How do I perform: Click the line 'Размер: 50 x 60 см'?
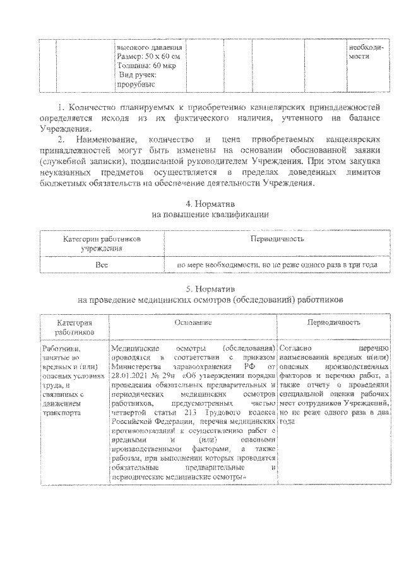(x=145, y=56)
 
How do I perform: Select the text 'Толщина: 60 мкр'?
(x=144, y=65)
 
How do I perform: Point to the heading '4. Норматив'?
(x=210, y=204)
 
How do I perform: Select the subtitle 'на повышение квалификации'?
(x=210, y=215)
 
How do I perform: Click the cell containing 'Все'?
(x=101, y=265)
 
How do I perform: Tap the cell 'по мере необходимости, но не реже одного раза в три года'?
(x=277, y=265)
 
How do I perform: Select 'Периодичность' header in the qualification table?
(x=277, y=240)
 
